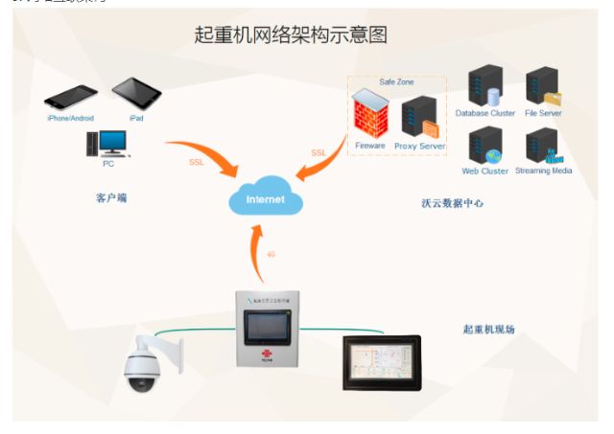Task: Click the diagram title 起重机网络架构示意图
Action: click(x=291, y=34)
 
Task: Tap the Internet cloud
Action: click(x=266, y=199)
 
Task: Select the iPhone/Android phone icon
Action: click(x=71, y=98)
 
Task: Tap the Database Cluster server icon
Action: click(x=484, y=86)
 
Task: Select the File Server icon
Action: click(x=543, y=86)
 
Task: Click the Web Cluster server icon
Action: click(x=484, y=145)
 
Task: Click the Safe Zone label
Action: click(x=395, y=81)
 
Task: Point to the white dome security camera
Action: click(x=150, y=364)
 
